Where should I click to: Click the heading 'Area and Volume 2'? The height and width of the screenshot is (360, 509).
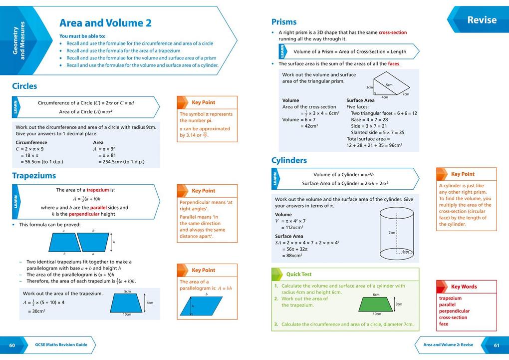click(105, 23)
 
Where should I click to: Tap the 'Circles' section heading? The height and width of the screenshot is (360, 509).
click(24, 86)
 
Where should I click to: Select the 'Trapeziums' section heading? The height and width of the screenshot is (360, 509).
click(34, 175)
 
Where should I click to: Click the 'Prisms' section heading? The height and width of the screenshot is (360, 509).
click(284, 22)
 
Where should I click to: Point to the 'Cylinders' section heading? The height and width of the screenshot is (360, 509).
click(289, 160)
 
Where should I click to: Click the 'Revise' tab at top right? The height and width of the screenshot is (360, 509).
click(482, 20)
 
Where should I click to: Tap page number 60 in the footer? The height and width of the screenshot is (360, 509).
click(12, 345)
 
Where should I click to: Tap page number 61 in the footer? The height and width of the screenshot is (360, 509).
click(497, 345)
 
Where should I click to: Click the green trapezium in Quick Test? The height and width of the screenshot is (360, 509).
click(376, 303)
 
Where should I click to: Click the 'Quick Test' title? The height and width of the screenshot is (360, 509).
click(298, 274)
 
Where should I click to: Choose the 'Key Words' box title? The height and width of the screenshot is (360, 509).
click(464, 287)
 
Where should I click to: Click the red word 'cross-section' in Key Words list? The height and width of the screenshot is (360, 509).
click(453, 318)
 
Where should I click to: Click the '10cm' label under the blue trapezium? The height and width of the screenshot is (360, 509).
click(127, 314)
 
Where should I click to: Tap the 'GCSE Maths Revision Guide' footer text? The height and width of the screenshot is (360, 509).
click(61, 345)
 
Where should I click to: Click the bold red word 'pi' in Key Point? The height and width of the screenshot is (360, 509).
click(210, 120)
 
